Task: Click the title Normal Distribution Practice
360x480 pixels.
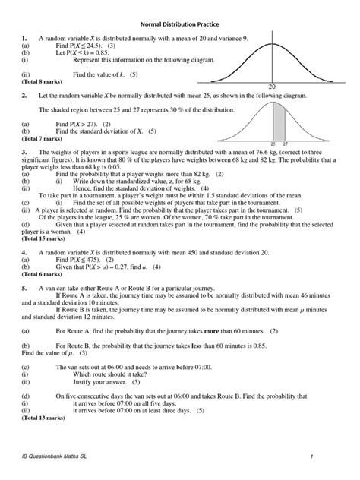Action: [x=180, y=24]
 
